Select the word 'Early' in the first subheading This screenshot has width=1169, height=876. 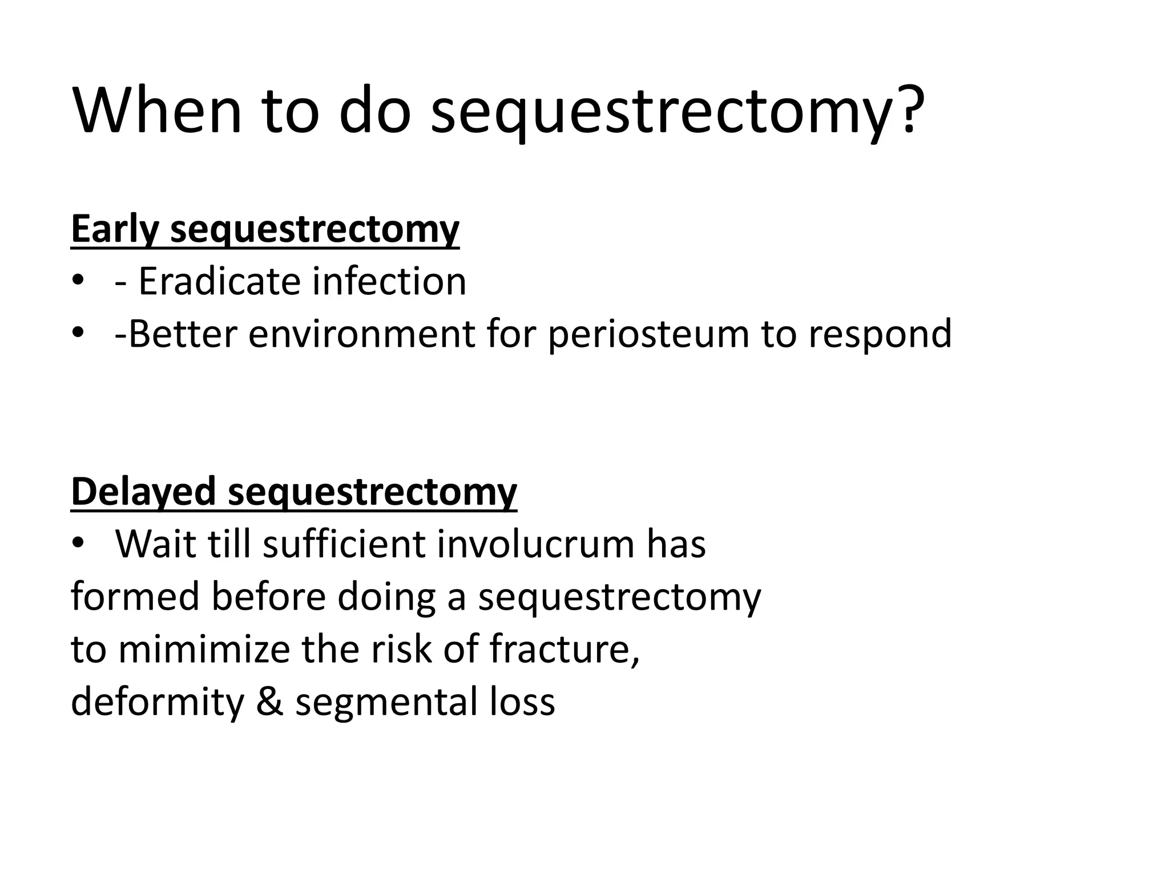(114, 229)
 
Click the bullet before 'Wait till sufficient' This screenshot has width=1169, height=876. (78, 543)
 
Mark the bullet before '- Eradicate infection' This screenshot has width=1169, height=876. (78, 281)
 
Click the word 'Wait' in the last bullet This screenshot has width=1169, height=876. (155, 544)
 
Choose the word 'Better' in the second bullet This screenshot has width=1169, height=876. (183, 334)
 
